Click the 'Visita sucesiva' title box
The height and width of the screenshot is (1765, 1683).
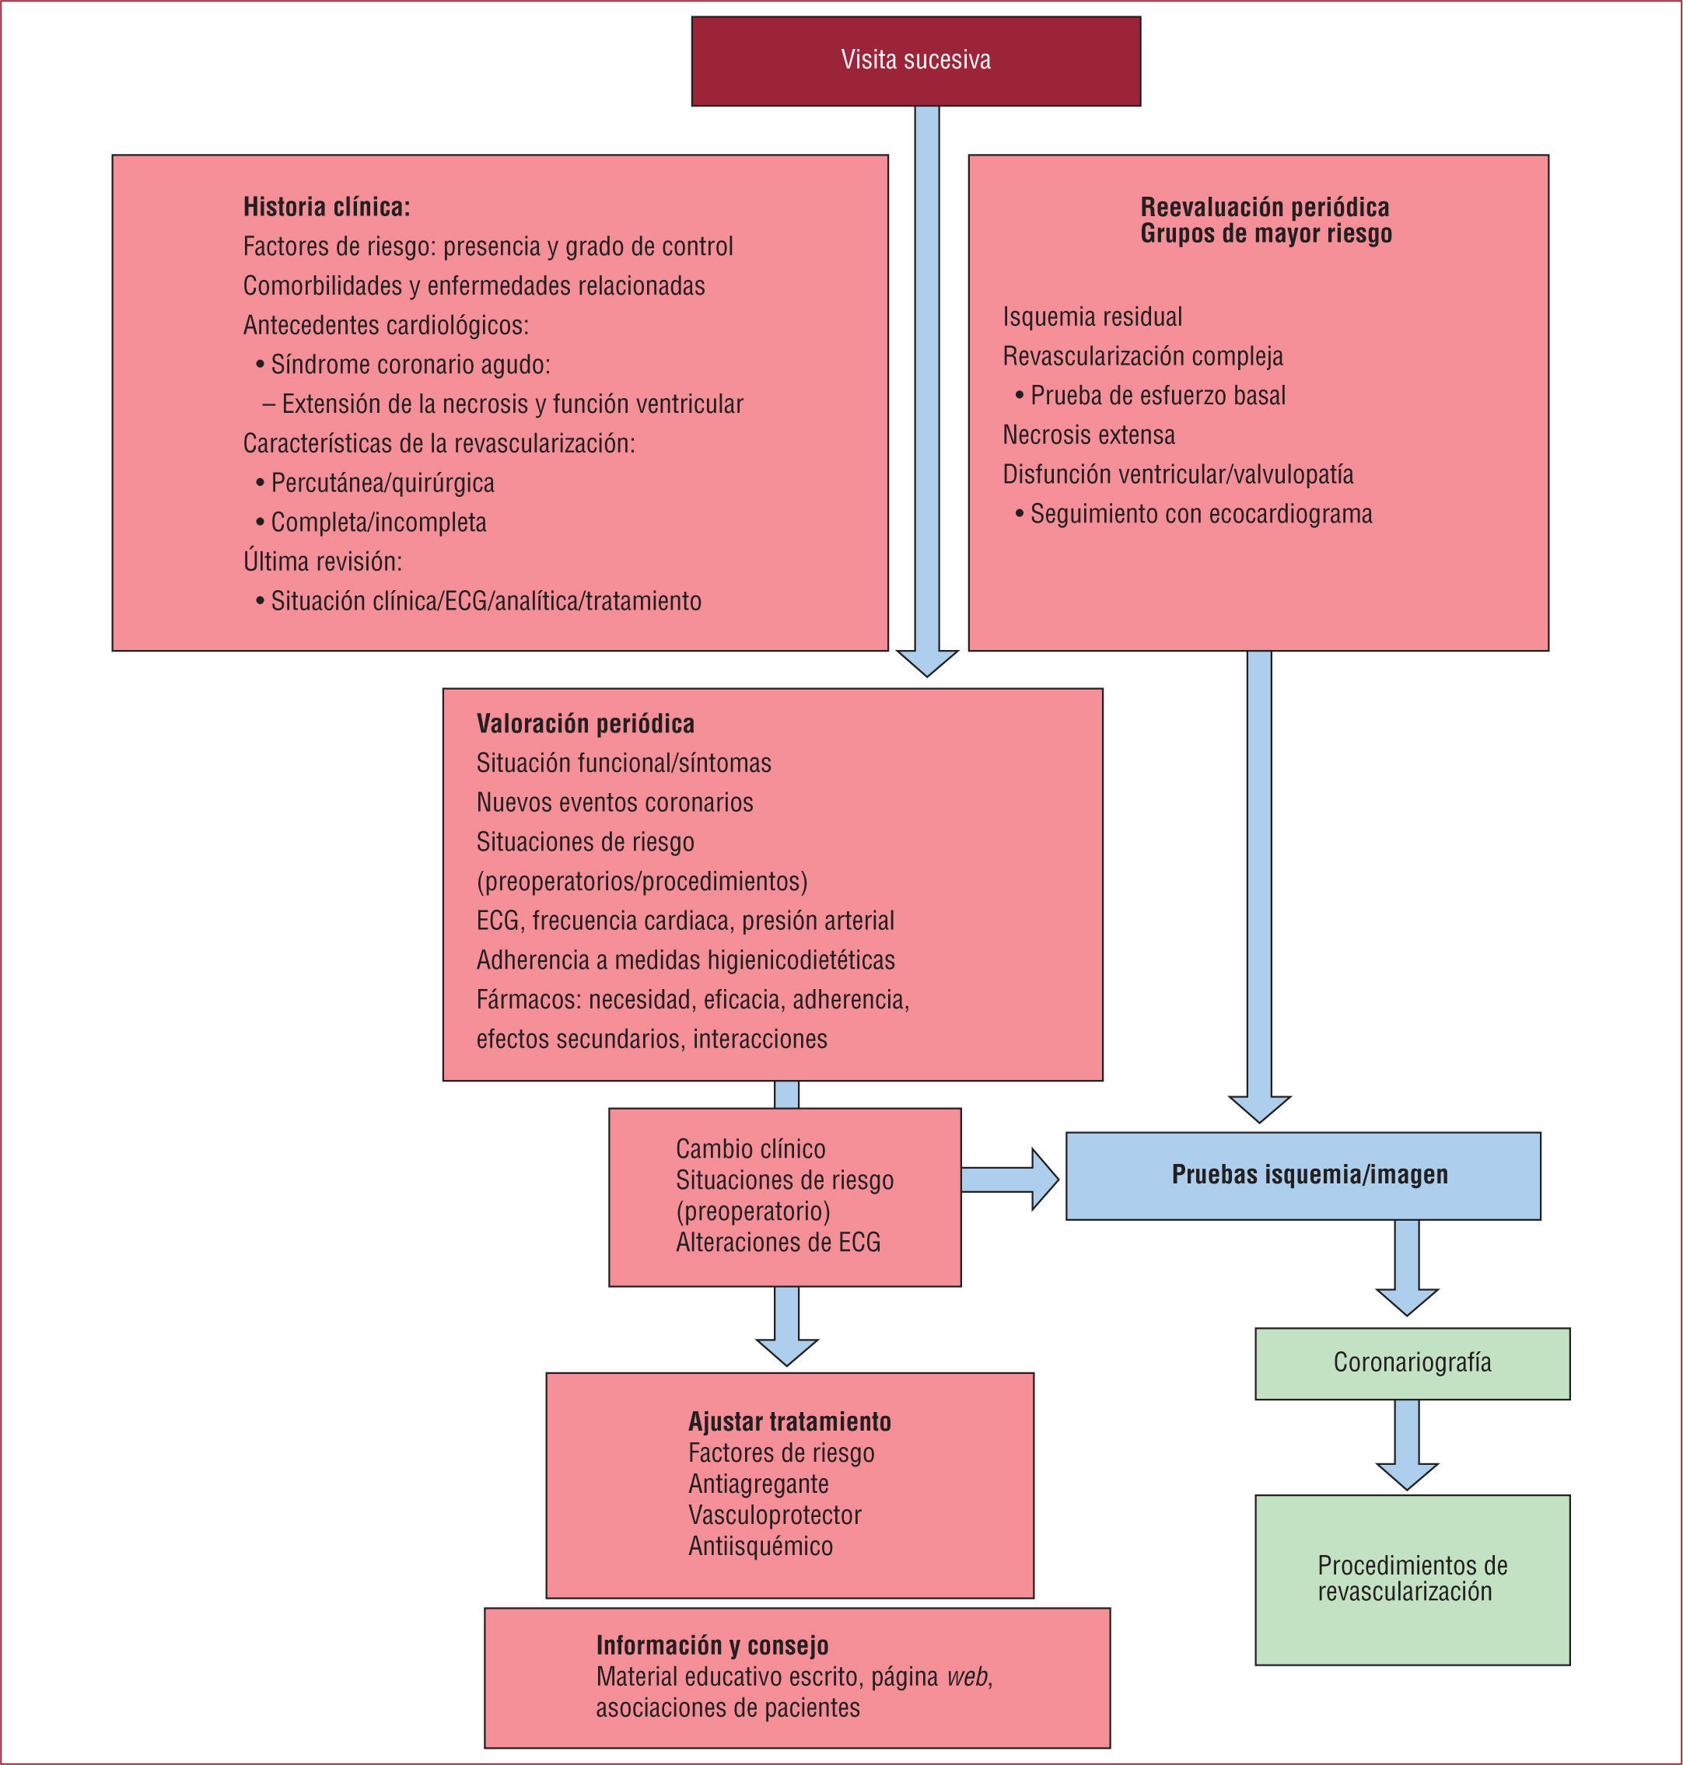[x=915, y=60]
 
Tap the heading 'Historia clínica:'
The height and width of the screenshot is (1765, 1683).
[x=327, y=207]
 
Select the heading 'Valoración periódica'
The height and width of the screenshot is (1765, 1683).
[x=585, y=724]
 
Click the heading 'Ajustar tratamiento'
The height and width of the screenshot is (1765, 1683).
[x=789, y=1421]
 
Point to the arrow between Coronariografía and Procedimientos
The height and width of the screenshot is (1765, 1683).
[x=1407, y=1443]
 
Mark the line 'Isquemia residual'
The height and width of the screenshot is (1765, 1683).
[x=1092, y=316]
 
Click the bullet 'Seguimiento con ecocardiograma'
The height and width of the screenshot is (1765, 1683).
[x=1200, y=514]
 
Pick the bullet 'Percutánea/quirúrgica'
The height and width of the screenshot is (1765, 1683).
[x=382, y=484]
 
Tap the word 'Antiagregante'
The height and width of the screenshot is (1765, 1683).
[x=758, y=1484]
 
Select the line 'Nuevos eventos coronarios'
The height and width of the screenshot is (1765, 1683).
[x=614, y=802]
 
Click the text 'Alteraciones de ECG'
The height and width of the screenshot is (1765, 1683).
[x=778, y=1242]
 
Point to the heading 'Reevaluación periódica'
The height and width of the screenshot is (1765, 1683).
[x=1264, y=207]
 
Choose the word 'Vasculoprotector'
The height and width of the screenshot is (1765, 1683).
[x=774, y=1515]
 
